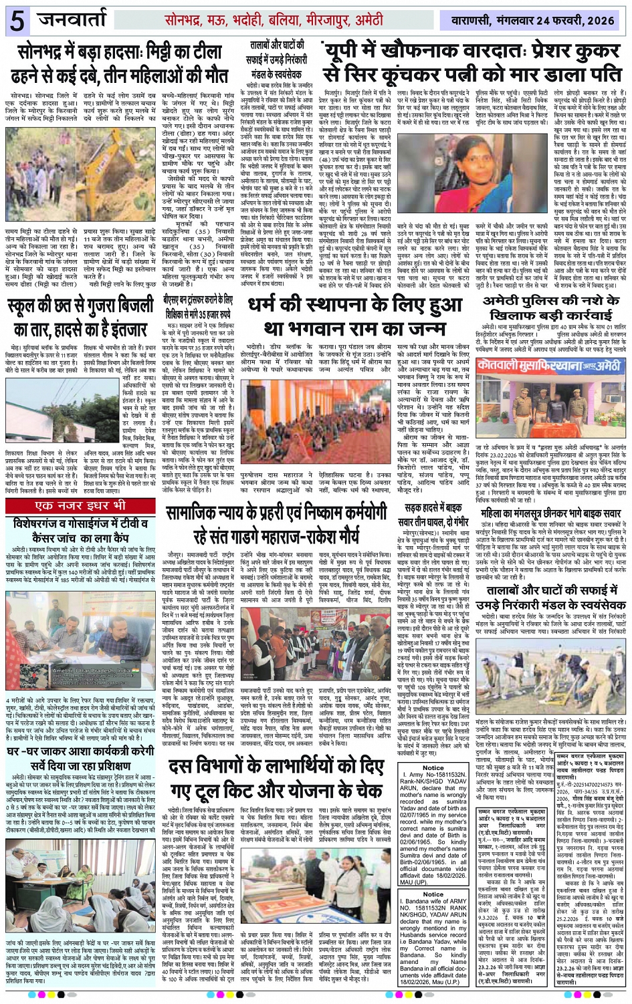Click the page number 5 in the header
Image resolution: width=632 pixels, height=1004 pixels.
[17, 20]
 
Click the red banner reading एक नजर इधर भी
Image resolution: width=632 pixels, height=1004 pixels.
[81, 505]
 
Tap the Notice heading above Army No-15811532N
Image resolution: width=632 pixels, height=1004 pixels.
[433, 767]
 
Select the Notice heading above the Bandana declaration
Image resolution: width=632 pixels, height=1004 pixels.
[433, 894]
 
